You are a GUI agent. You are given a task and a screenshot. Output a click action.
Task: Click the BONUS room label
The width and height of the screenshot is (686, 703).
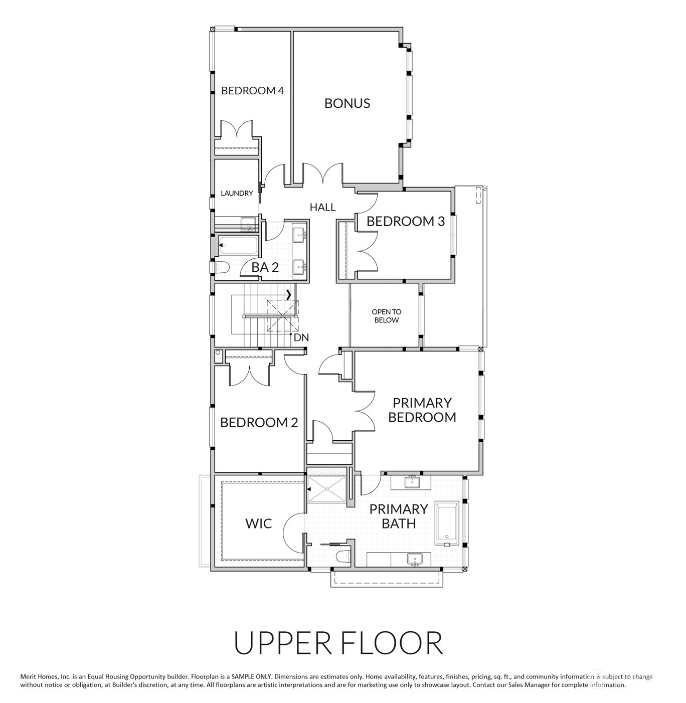coord(347,103)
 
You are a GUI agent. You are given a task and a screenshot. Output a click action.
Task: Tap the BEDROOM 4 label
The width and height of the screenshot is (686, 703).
coord(253,90)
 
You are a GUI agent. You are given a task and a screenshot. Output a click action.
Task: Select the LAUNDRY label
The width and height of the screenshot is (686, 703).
coord(237,193)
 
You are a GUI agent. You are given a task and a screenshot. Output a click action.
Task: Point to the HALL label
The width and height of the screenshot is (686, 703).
coord(322,207)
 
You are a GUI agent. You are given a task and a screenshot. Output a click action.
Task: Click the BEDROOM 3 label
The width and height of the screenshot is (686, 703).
coord(405,221)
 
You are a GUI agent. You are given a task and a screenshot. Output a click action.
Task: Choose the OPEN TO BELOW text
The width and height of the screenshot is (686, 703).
coord(386,316)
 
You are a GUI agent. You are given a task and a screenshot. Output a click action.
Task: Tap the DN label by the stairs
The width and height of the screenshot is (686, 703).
coord(301,337)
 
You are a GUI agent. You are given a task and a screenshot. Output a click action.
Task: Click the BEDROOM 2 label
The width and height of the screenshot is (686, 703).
coord(259,422)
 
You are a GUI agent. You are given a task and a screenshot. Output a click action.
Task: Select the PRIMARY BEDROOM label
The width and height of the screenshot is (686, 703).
coord(422,410)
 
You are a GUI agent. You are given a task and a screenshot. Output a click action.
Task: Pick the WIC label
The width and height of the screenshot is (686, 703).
coord(259,523)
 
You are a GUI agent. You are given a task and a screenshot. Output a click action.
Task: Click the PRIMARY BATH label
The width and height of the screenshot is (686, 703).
coord(399,516)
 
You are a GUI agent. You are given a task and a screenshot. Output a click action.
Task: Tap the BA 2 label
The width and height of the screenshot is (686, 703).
coord(265,267)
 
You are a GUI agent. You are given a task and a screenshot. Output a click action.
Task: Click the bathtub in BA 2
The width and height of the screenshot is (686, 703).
coord(238,245)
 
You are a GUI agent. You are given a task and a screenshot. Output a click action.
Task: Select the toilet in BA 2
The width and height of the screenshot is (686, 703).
coord(220,267)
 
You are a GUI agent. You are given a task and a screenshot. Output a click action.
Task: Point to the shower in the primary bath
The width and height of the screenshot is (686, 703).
coord(326,489)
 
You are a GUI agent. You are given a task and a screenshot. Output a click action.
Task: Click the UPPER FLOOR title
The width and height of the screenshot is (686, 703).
coord(338,643)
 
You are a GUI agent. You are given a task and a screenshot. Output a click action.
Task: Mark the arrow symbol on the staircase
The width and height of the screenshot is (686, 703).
coord(289,295)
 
